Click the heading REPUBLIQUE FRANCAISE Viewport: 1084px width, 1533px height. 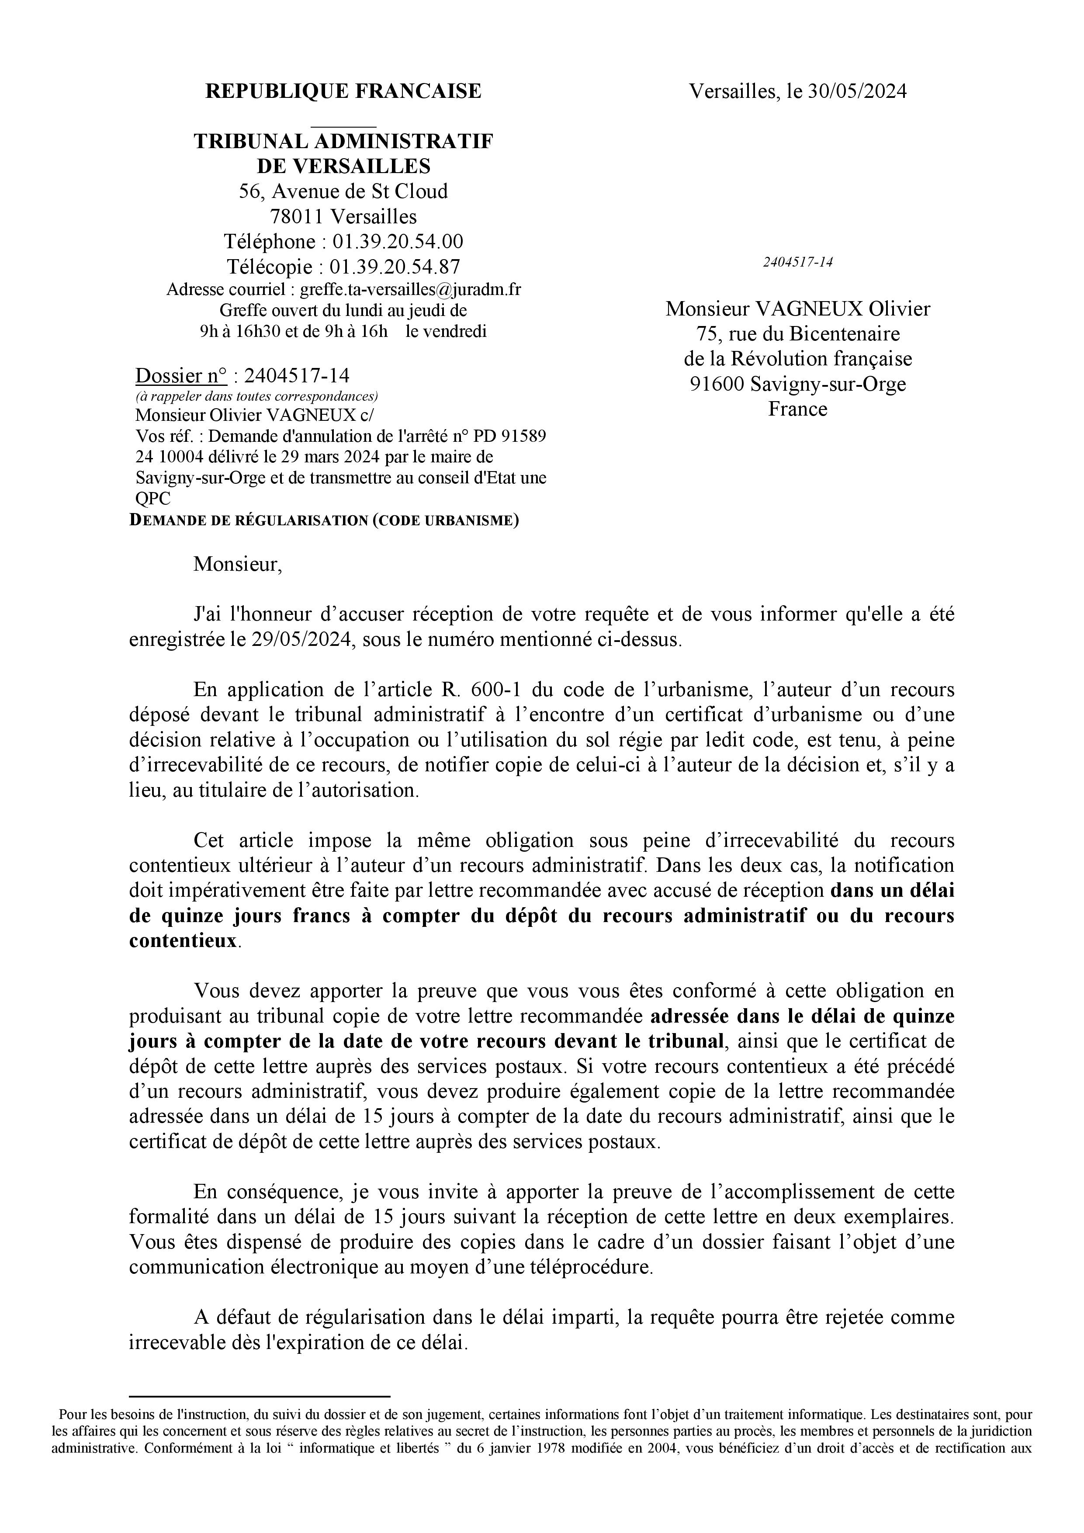point(343,91)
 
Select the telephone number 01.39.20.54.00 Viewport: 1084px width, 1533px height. point(398,241)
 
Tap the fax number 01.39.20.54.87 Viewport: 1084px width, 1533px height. point(395,267)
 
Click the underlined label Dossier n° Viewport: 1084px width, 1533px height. point(181,376)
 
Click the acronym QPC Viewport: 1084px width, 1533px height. point(153,499)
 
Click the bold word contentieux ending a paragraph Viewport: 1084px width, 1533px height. point(183,941)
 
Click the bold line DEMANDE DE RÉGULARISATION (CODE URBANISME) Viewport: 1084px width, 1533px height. point(324,520)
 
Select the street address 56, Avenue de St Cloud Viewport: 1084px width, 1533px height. point(343,191)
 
